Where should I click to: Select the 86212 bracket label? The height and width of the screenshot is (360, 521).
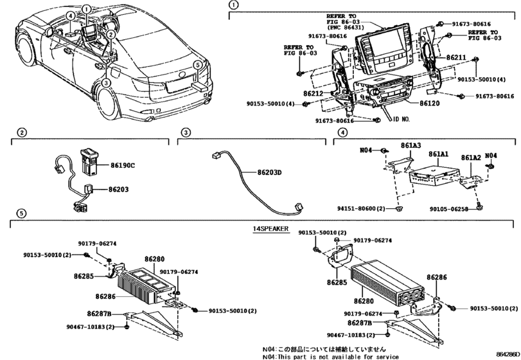tap(313, 94)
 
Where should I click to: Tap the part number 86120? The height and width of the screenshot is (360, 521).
tap(429, 102)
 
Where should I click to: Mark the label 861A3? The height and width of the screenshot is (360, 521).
tap(411, 146)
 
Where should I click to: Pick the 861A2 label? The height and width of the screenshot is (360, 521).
tap(471, 157)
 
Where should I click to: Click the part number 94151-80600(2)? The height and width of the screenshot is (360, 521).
tap(361, 208)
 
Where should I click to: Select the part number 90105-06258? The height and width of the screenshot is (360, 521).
tap(453, 208)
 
